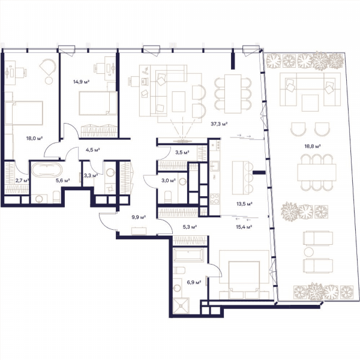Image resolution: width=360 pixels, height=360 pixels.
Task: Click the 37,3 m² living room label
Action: (219, 124)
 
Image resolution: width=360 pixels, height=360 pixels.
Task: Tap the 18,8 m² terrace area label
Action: (313, 146)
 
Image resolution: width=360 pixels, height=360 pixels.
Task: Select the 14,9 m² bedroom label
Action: (81, 82)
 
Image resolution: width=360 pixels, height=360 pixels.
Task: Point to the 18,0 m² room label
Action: (35, 138)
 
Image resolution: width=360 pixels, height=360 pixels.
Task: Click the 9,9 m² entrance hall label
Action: (139, 217)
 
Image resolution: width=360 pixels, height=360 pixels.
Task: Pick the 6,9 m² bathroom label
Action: (194, 282)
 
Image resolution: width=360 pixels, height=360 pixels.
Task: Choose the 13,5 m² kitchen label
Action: (245, 203)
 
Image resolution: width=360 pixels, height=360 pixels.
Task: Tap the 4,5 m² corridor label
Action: (93, 150)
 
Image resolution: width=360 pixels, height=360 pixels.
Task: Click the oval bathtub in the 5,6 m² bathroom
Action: (47, 169)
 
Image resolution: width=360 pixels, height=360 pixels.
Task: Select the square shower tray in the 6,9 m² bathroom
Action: (181, 306)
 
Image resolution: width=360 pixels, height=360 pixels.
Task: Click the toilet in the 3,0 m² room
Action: (168, 197)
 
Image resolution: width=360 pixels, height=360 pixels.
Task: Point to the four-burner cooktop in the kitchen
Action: (215, 199)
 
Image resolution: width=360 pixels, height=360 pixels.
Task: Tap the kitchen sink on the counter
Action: (215, 166)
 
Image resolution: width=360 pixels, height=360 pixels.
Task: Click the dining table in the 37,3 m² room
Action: (233, 94)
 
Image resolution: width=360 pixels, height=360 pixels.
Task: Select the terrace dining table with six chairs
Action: (317, 172)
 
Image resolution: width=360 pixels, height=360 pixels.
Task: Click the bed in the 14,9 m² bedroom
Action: (98, 103)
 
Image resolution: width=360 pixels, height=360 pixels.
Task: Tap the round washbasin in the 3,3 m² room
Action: (110, 172)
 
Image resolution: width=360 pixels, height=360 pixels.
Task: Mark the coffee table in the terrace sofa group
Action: (310, 103)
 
